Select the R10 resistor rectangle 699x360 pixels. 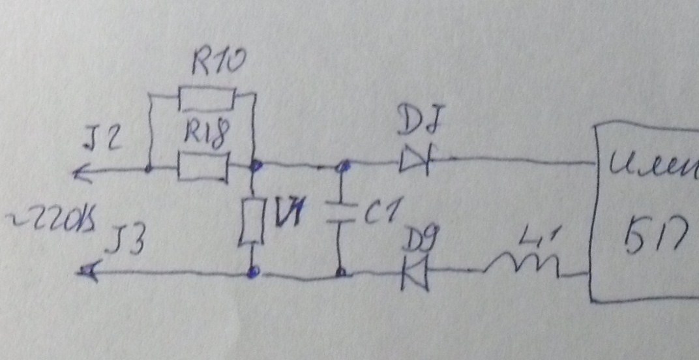coord(207,100)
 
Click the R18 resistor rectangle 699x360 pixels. coord(203,168)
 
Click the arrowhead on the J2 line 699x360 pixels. coord(82,172)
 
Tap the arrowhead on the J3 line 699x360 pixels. coord(87,273)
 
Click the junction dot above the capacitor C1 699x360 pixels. coord(338,167)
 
